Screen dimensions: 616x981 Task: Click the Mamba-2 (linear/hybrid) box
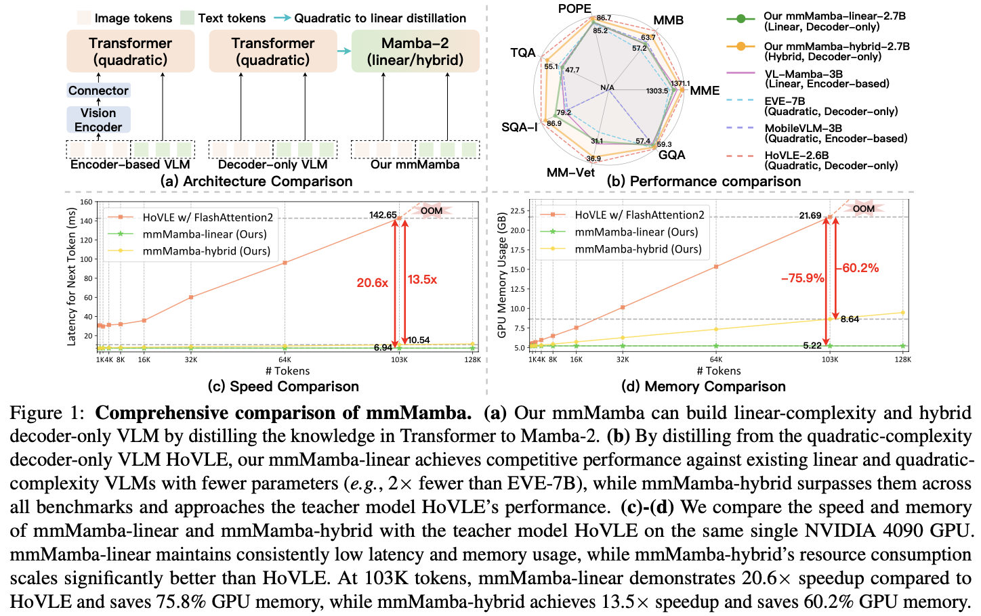[x=415, y=51]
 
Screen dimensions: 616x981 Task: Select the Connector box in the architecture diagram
[x=98, y=91]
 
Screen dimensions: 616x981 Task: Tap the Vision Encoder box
[x=98, y=120]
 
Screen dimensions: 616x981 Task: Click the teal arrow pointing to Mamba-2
[x=344, y=51]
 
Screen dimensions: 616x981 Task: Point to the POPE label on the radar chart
[x=575, y=9]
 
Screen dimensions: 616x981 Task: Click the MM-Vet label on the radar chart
[x=570, y=173]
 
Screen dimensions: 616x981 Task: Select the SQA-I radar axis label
[x=520, y=127]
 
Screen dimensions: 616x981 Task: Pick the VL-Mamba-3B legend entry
[x=803, y=79]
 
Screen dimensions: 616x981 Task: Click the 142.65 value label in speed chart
[x=383, y=215]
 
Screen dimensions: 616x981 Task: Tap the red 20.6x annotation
[x=372, y=283]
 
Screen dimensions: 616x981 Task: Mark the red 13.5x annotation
[x=422, y=280]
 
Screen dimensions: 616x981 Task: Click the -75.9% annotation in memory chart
[x=802, y=278]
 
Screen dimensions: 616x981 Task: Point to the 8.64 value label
[x=850, y=319]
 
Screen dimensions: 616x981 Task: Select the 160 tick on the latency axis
[x=86, y=202]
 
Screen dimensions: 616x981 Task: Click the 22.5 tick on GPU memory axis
[x=517, y=211]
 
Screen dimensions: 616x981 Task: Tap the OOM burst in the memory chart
[x=863, y=208]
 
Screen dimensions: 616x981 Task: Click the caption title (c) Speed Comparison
[x=283, y=387]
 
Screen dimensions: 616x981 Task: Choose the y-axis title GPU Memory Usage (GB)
[x=502, y=276]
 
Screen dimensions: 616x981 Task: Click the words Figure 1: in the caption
[x=46, y=413]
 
